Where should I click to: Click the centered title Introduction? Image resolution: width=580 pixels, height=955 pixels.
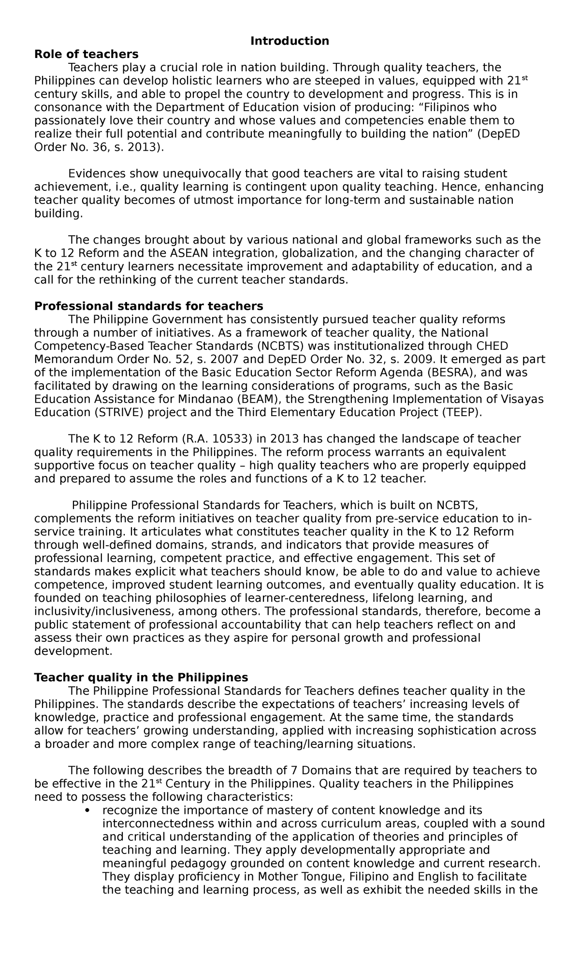290,41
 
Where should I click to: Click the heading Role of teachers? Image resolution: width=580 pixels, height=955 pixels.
86,54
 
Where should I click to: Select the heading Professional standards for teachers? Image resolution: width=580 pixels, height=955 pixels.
148,306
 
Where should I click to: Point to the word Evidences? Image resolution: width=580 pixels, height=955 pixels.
98,174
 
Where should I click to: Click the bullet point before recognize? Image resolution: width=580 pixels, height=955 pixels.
87,810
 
